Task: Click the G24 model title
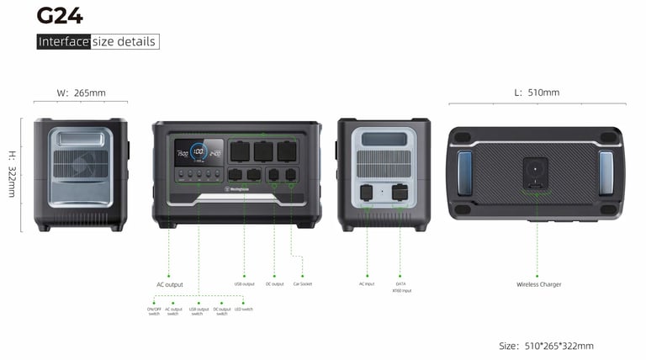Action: (x=60, y=14)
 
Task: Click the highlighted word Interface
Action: (x=63, y=41)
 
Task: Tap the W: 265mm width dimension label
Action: (x=80, y=93)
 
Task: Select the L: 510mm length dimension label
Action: (x=536, y=93)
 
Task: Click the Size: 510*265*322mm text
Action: (x=546, y=346)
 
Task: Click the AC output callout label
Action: (x=169, y=284)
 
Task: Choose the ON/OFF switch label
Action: (x=154, y=311)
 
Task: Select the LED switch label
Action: (x=243, y=309)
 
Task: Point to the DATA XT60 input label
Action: (x=400, y=287)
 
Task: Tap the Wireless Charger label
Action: (x=538, y=284)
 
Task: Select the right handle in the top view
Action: (x=606, y=172)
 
